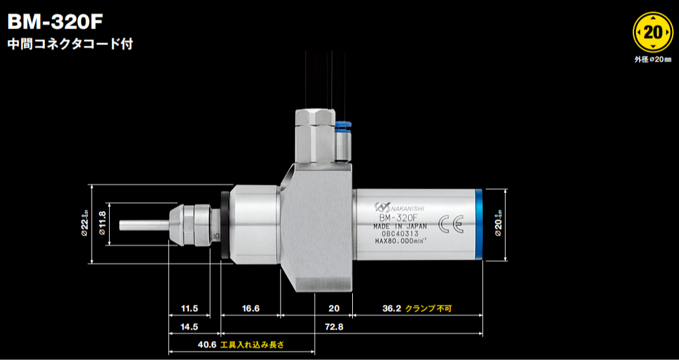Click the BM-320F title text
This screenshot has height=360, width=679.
(55, 20)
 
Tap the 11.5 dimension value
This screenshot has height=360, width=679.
(190, 309)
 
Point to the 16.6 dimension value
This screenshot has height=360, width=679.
(251, 309)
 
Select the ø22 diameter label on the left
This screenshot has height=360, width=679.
(84, 224)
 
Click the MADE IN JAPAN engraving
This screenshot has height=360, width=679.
(400, 225)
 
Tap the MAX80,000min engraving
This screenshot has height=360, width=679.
(400, 241)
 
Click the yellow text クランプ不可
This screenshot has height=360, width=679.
(433, 309)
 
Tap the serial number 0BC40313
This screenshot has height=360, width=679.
(400, 233)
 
